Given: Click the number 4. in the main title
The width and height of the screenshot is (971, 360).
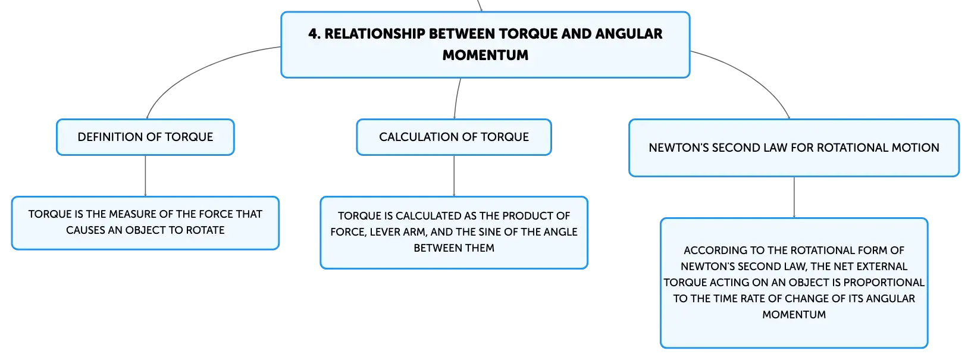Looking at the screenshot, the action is [x=314, y=34].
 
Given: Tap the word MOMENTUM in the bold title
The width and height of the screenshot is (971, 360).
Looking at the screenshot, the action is [x=485, y=55].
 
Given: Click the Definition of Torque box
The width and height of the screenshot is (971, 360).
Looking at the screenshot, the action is [x=145, y=137].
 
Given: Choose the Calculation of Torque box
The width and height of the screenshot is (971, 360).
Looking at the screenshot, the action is [x=454, y=137].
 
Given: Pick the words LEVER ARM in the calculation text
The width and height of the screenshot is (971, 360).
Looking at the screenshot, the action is [x=397, y=232].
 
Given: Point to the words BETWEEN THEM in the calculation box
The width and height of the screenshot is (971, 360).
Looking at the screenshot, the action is [x=454, y=248].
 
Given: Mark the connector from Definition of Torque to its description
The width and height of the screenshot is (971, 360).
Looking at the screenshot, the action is [x=145, y=176].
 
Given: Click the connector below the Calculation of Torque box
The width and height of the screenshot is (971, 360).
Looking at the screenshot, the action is [x=454, y=176].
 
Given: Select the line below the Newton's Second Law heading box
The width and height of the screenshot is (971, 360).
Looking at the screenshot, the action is [x=794, y=198].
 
